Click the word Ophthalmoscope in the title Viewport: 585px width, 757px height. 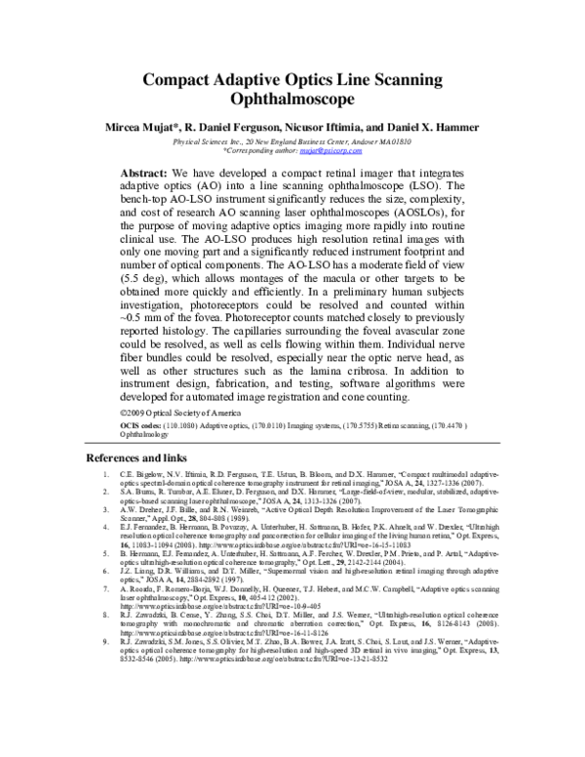[292, 99]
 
